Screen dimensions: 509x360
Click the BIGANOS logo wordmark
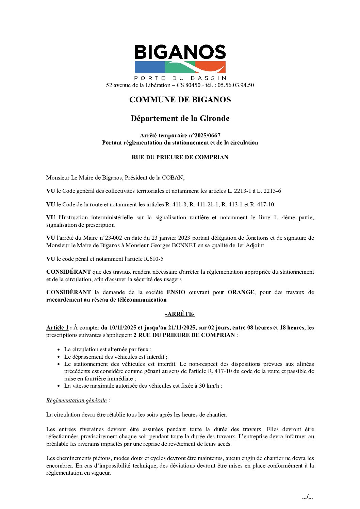point(180,52)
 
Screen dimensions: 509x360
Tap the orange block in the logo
point(211,67)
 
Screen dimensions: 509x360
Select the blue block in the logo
point(149,67)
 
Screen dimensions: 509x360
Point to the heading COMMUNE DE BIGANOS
point(180,100)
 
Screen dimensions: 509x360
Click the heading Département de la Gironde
point(180,118)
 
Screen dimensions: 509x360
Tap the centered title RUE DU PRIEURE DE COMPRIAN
point(180,157)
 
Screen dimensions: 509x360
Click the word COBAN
point(173,177)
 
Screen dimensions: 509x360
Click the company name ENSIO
point(176,292)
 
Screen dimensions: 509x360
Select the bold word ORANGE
point(241,292)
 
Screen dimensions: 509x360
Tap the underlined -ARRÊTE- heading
point(180,314)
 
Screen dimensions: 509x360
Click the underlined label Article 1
point(58,327)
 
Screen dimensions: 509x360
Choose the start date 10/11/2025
point(122,327)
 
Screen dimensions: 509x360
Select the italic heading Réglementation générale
point(77,400)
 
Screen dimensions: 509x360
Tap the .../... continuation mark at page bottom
point(307,497)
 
